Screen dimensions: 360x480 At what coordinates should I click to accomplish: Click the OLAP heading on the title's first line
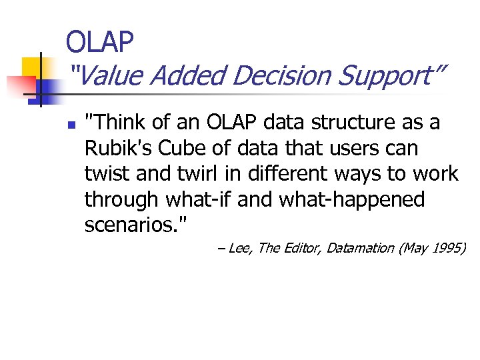point(100,42)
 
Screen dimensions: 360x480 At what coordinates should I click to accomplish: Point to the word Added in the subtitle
point(186,76)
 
